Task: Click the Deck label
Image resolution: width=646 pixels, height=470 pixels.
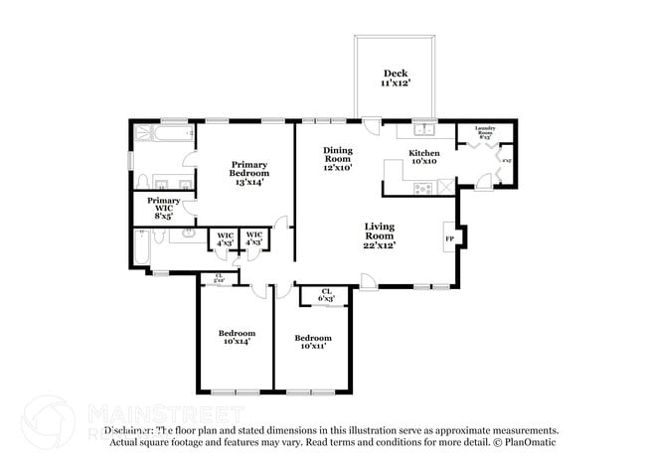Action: (x=396, y=78)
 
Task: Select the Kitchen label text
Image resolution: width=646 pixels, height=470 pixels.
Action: (x=424, y=157)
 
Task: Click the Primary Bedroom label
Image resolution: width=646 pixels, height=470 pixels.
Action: (x=248, y=174)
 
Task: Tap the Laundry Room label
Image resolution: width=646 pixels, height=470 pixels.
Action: (x=484, y=131)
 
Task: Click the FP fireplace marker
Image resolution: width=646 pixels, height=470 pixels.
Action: (x=449, y=238)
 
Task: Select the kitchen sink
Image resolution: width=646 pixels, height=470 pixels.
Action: (x=425, y=130)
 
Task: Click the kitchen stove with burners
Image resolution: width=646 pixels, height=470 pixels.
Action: (x=414, y=186)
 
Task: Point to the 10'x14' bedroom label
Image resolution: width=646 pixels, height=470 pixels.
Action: (x=237, y=337)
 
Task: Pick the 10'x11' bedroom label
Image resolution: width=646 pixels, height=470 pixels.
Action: (x=312, y=342)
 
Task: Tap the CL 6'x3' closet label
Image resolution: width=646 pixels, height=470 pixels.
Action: (x=325, y=294)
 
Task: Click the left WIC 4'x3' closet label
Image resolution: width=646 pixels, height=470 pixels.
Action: (x=225, y=238)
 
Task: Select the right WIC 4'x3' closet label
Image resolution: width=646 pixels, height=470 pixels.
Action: (x=254, y=238)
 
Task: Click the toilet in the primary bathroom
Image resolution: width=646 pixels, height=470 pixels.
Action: (x=142, y=181)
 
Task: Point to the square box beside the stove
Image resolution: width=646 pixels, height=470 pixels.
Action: (x=446, y=186)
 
